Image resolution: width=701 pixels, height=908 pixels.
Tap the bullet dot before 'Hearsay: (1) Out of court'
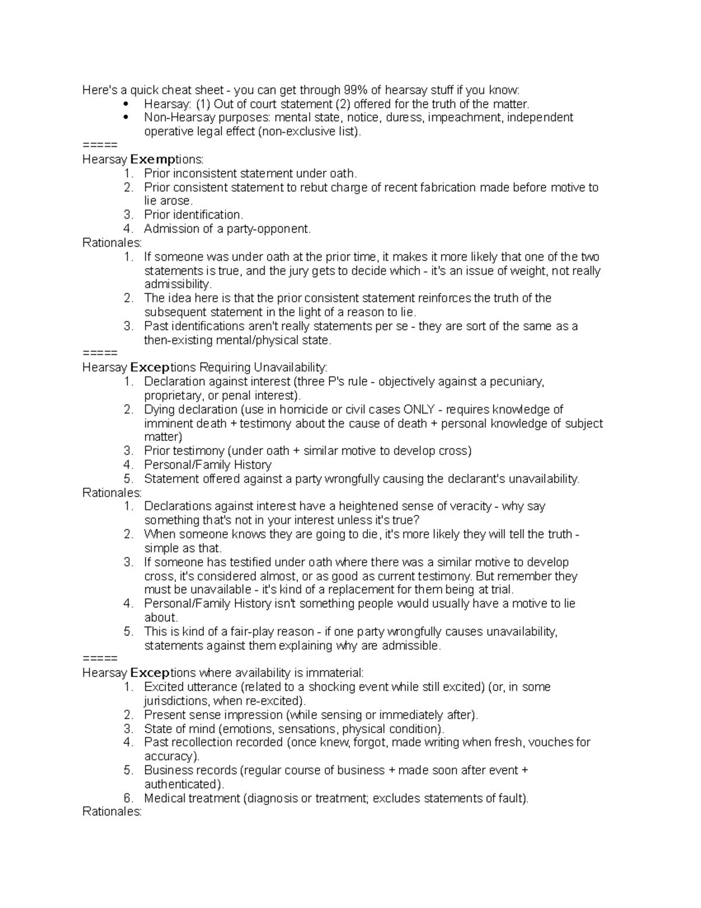(x=126, y=104)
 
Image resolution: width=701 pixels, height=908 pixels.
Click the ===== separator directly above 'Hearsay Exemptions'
(x=100, y=145)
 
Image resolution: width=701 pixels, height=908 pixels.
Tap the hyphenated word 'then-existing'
(x=179, y=340)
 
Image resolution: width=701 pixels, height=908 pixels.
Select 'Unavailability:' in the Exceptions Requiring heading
(x=290, y=368)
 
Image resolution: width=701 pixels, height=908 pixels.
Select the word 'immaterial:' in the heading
(x=334, y=673)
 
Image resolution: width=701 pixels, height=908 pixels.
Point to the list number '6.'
(x=129, y=798)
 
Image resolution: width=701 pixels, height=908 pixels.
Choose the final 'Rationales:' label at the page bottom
(x=112, y=812)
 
